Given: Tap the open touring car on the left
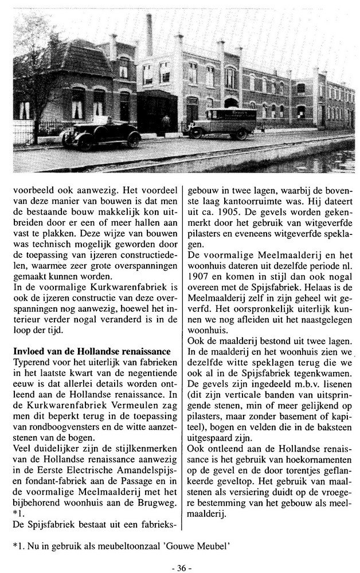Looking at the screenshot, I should [x=108, y=134].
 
